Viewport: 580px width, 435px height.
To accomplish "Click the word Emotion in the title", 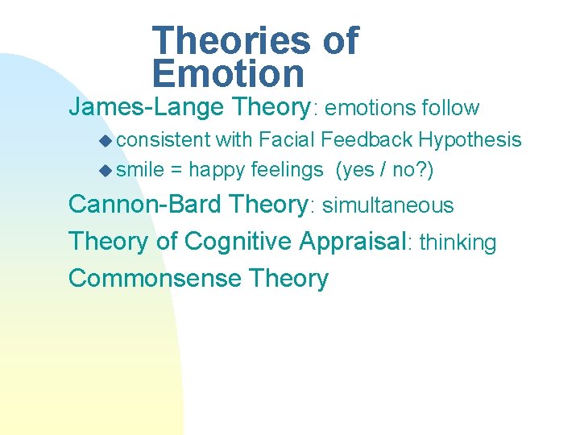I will tap(228, 73).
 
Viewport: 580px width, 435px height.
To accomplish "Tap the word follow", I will tap(449, 108).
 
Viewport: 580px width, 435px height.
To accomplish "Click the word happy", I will tap(217, 171).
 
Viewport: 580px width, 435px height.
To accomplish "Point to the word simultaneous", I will tap(388, 205).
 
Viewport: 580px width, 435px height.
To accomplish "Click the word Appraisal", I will tap(351, 242).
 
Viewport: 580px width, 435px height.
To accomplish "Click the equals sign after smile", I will tap(175, 171).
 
